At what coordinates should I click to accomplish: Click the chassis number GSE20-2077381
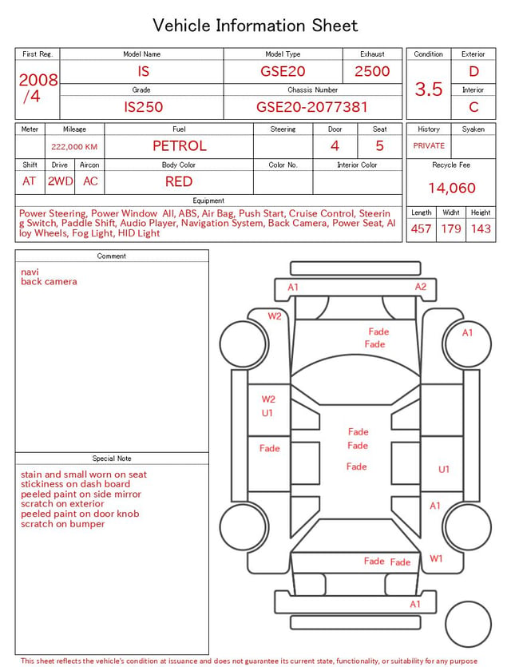point(311,107)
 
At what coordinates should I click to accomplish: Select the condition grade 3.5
point(429,89)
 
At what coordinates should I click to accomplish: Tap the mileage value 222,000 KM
point(74,147)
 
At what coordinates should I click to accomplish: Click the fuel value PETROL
point(180,146)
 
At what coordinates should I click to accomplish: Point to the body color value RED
point(179,181)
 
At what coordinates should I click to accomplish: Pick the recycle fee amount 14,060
point(451,188)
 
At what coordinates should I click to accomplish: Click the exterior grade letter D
point(473,71)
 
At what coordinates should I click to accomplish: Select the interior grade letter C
point(473,107)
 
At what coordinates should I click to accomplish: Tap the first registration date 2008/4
point(38,88)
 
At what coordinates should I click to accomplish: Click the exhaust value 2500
point(372,71)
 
